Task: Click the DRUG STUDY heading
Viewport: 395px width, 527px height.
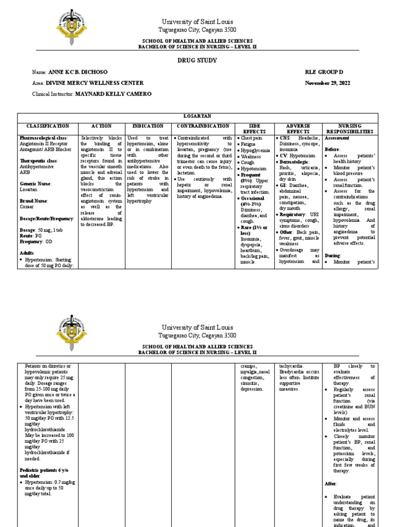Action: point(197,60)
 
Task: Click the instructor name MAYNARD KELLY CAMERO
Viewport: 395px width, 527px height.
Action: point(114,95)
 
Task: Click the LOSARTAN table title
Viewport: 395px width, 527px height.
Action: point(197,117)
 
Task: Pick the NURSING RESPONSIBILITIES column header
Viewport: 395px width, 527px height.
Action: point(352,129)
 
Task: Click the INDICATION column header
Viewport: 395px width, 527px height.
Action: point(148,126)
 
